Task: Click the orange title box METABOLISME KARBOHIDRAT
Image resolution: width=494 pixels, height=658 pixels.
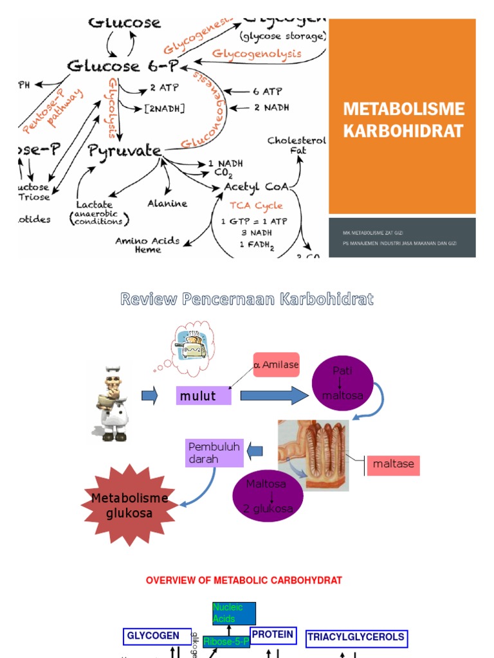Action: pyautogui.click(x=403, y=119)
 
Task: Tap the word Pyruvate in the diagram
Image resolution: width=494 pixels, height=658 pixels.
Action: pyautogui.click(x=124, y=151)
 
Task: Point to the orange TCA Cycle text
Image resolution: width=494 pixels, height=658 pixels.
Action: pyautogui.click(x=257, y=206)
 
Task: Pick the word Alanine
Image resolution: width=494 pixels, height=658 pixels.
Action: pyautogui.click(x=167, y=204)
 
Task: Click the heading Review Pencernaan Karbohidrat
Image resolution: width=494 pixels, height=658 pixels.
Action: pyautogui.click(x=247, y=299)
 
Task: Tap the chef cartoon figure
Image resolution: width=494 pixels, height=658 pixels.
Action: pyautogui.click(x=111, y=401)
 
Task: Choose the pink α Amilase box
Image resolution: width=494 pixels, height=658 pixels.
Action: pyautogui.click(x=276, y=364)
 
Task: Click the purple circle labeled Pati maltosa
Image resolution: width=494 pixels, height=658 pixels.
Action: pyautogui.click(x=342, y=384)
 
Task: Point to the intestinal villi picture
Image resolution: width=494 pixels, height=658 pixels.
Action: pyautogui.click(x=313, y=455)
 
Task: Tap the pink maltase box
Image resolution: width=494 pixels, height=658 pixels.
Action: pyautogui.click(x=393, y=464)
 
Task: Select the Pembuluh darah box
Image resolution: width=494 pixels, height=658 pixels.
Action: pyautogui.click(x=215, y=452)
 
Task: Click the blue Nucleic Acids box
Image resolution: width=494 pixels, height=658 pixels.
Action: pyautogui.click(x=234, y=614)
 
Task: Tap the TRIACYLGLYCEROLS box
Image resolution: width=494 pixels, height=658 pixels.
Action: pyautogui.click(x=356, y=637)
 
